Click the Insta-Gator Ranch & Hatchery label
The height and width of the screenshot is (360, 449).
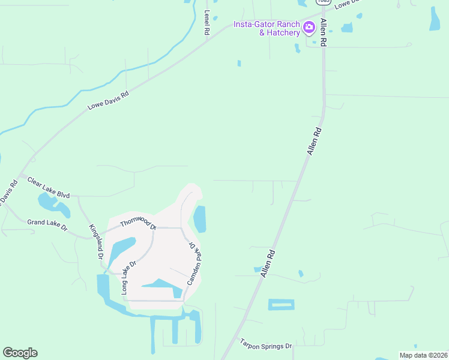click(x=267, y=28)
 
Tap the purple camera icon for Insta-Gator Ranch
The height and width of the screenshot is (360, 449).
click(x=309, y=26)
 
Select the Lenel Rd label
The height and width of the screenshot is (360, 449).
click(x=206, y=22)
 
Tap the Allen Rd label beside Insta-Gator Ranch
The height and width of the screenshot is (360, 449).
click(x=324, y=33)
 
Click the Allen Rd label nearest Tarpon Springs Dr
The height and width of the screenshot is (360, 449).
click(x=267, y=263)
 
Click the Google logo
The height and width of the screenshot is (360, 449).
click(x=20, y=353)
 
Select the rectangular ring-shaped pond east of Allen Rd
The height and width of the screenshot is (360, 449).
click(x=282, y=304)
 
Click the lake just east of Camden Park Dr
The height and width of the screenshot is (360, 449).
click(x=199, y=219)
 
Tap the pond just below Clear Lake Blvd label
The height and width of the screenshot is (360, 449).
click(x=54, y=205)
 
